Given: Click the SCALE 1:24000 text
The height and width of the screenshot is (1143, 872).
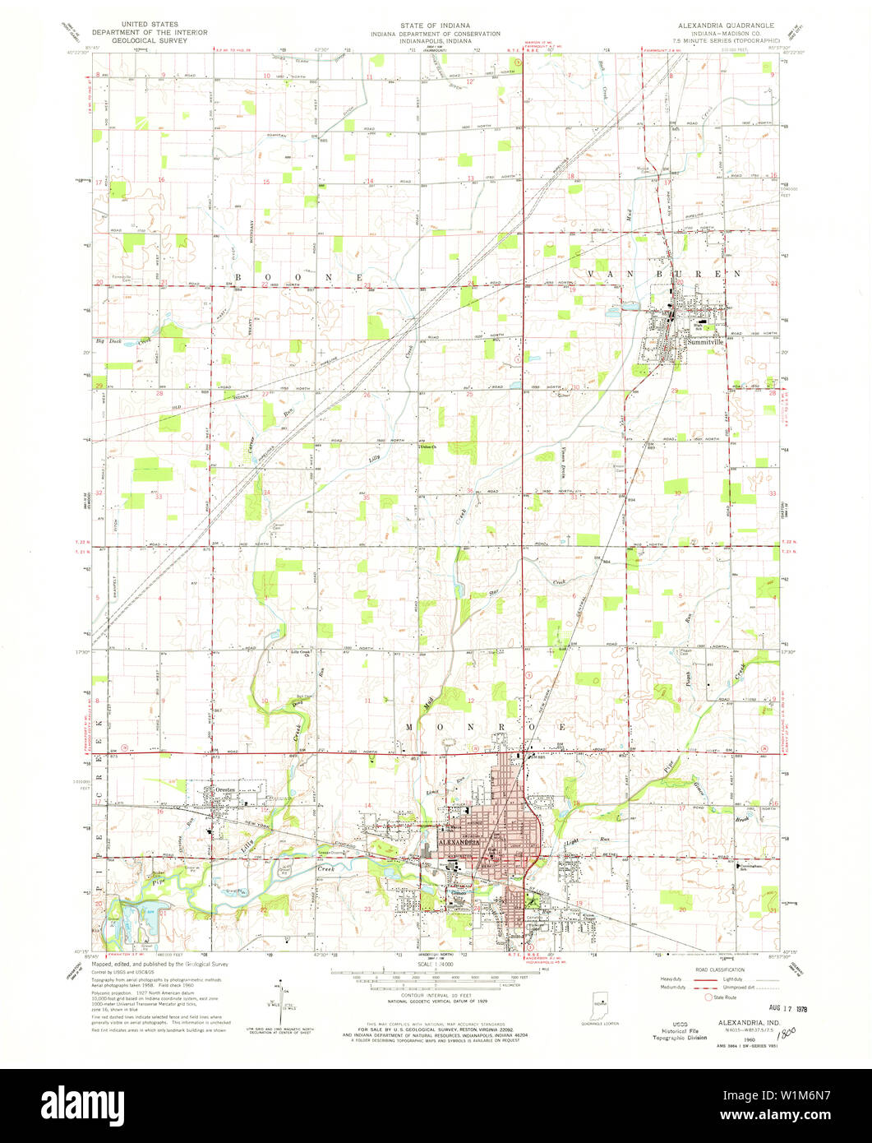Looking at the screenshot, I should click(x=436, y=963).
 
